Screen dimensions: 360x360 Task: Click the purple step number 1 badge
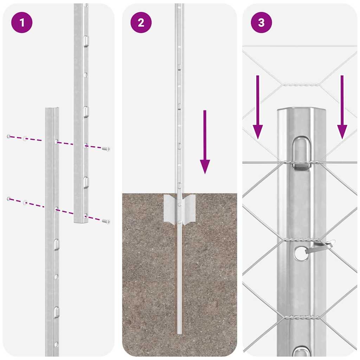[x=22, y=23]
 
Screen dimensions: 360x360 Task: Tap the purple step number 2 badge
[x=141, y=23]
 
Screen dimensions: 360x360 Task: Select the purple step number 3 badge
[x=261, y=23]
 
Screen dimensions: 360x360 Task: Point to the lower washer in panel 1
[x=25, y=202]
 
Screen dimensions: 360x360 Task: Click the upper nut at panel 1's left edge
[x=9, y=136]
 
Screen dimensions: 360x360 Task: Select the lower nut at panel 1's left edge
[x=9, y=199]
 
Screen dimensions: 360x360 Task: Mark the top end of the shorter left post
[x=52, y=109]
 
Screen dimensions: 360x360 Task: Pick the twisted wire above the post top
[x=301, y=85]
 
